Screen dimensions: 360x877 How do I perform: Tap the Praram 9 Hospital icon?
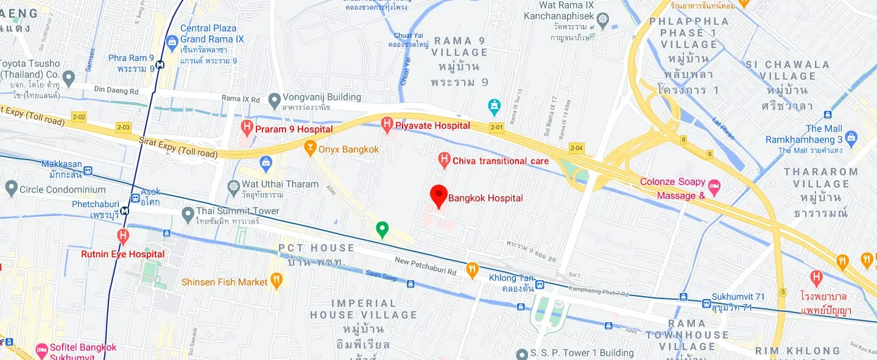(247, 128)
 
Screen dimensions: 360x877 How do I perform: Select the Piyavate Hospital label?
(433, 125)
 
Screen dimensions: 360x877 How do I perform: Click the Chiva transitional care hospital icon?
(445, 161)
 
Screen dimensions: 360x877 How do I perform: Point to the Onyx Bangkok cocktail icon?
(310, 149)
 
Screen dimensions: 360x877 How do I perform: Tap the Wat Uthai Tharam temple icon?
(233, 185)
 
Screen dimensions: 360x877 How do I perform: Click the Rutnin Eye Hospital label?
(122, 254)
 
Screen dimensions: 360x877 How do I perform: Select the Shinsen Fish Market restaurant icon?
(276, 281)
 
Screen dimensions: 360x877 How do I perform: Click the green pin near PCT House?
(382, 229)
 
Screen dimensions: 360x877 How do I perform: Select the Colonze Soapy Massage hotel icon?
(714, 185)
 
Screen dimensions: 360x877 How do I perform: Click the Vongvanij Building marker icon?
(274, 99)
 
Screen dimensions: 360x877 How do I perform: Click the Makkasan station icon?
(88, 171)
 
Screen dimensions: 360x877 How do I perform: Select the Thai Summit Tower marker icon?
(188, 214)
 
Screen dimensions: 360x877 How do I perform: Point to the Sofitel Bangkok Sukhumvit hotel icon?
(41, 349)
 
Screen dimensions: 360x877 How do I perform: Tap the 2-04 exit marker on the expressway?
(576, 148)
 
